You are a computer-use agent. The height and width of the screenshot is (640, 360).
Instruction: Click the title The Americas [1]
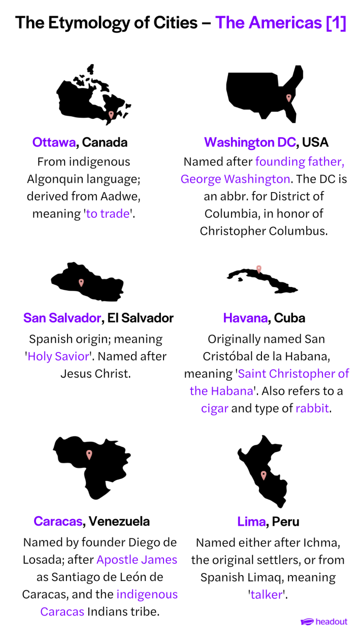click(280, 23)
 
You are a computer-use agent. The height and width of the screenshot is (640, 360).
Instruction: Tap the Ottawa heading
click(54, 142)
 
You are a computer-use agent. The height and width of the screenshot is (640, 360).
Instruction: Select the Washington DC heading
click(250, 142)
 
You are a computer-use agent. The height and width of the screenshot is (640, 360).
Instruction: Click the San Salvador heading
click(62, 318)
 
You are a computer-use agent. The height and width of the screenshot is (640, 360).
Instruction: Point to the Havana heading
click(245, 318)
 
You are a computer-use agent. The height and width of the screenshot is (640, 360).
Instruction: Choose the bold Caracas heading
click(58, 521)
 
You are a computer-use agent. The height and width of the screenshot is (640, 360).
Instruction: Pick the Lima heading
click(252, 521)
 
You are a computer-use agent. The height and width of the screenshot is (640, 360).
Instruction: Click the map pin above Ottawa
click(111, 115)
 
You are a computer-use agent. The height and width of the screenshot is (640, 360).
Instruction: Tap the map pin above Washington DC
click(289, 98)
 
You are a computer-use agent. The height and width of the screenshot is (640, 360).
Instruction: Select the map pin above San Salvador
click(81, 283)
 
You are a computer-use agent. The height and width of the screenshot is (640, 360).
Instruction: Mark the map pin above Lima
click(263, 475)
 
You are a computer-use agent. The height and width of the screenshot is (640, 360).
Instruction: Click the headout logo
click(324, 621)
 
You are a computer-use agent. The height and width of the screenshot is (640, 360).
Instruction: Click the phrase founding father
click(299, 162)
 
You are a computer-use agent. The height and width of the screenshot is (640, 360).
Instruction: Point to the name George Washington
click(235, 179)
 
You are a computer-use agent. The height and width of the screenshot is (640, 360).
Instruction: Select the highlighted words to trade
click(108, 214)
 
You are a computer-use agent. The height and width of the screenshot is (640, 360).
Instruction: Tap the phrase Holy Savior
click(58, 356)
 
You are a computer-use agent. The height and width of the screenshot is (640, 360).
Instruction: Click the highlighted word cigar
click(215, 409)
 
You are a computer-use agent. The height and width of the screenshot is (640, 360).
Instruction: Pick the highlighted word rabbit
click(312, 409)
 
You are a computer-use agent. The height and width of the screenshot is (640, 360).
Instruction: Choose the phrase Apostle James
click(137, 560)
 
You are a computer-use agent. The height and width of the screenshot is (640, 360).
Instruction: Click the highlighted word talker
click(266, 595)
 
